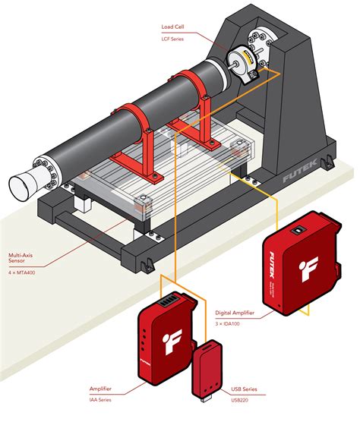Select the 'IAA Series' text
102,398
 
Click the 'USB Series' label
245,388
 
